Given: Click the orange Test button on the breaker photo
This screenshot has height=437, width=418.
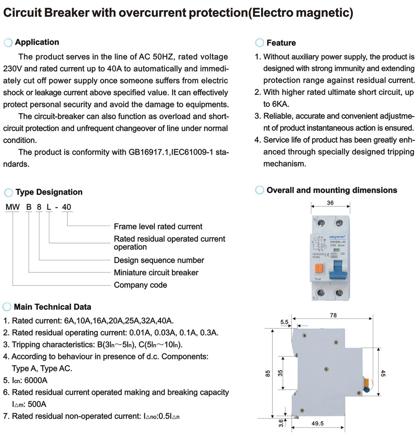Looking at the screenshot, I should pos(319,269).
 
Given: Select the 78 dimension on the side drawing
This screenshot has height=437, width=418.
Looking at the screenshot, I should pos(333,315).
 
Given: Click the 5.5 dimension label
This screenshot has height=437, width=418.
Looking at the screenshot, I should pos(284,322).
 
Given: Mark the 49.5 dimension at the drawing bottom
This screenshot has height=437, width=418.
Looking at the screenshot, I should pos(318,424).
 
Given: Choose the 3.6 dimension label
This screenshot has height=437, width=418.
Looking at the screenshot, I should pos(281,423).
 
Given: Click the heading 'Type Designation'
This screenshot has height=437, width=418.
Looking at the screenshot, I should pos(49,192).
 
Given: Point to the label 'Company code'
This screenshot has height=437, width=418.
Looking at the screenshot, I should pos(140,285).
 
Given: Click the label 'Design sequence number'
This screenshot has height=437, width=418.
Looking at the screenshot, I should pos(159,260).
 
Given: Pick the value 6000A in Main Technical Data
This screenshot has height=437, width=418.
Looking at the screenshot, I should pos(34,380).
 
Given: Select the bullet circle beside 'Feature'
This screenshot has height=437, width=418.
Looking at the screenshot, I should pos(259,43).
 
